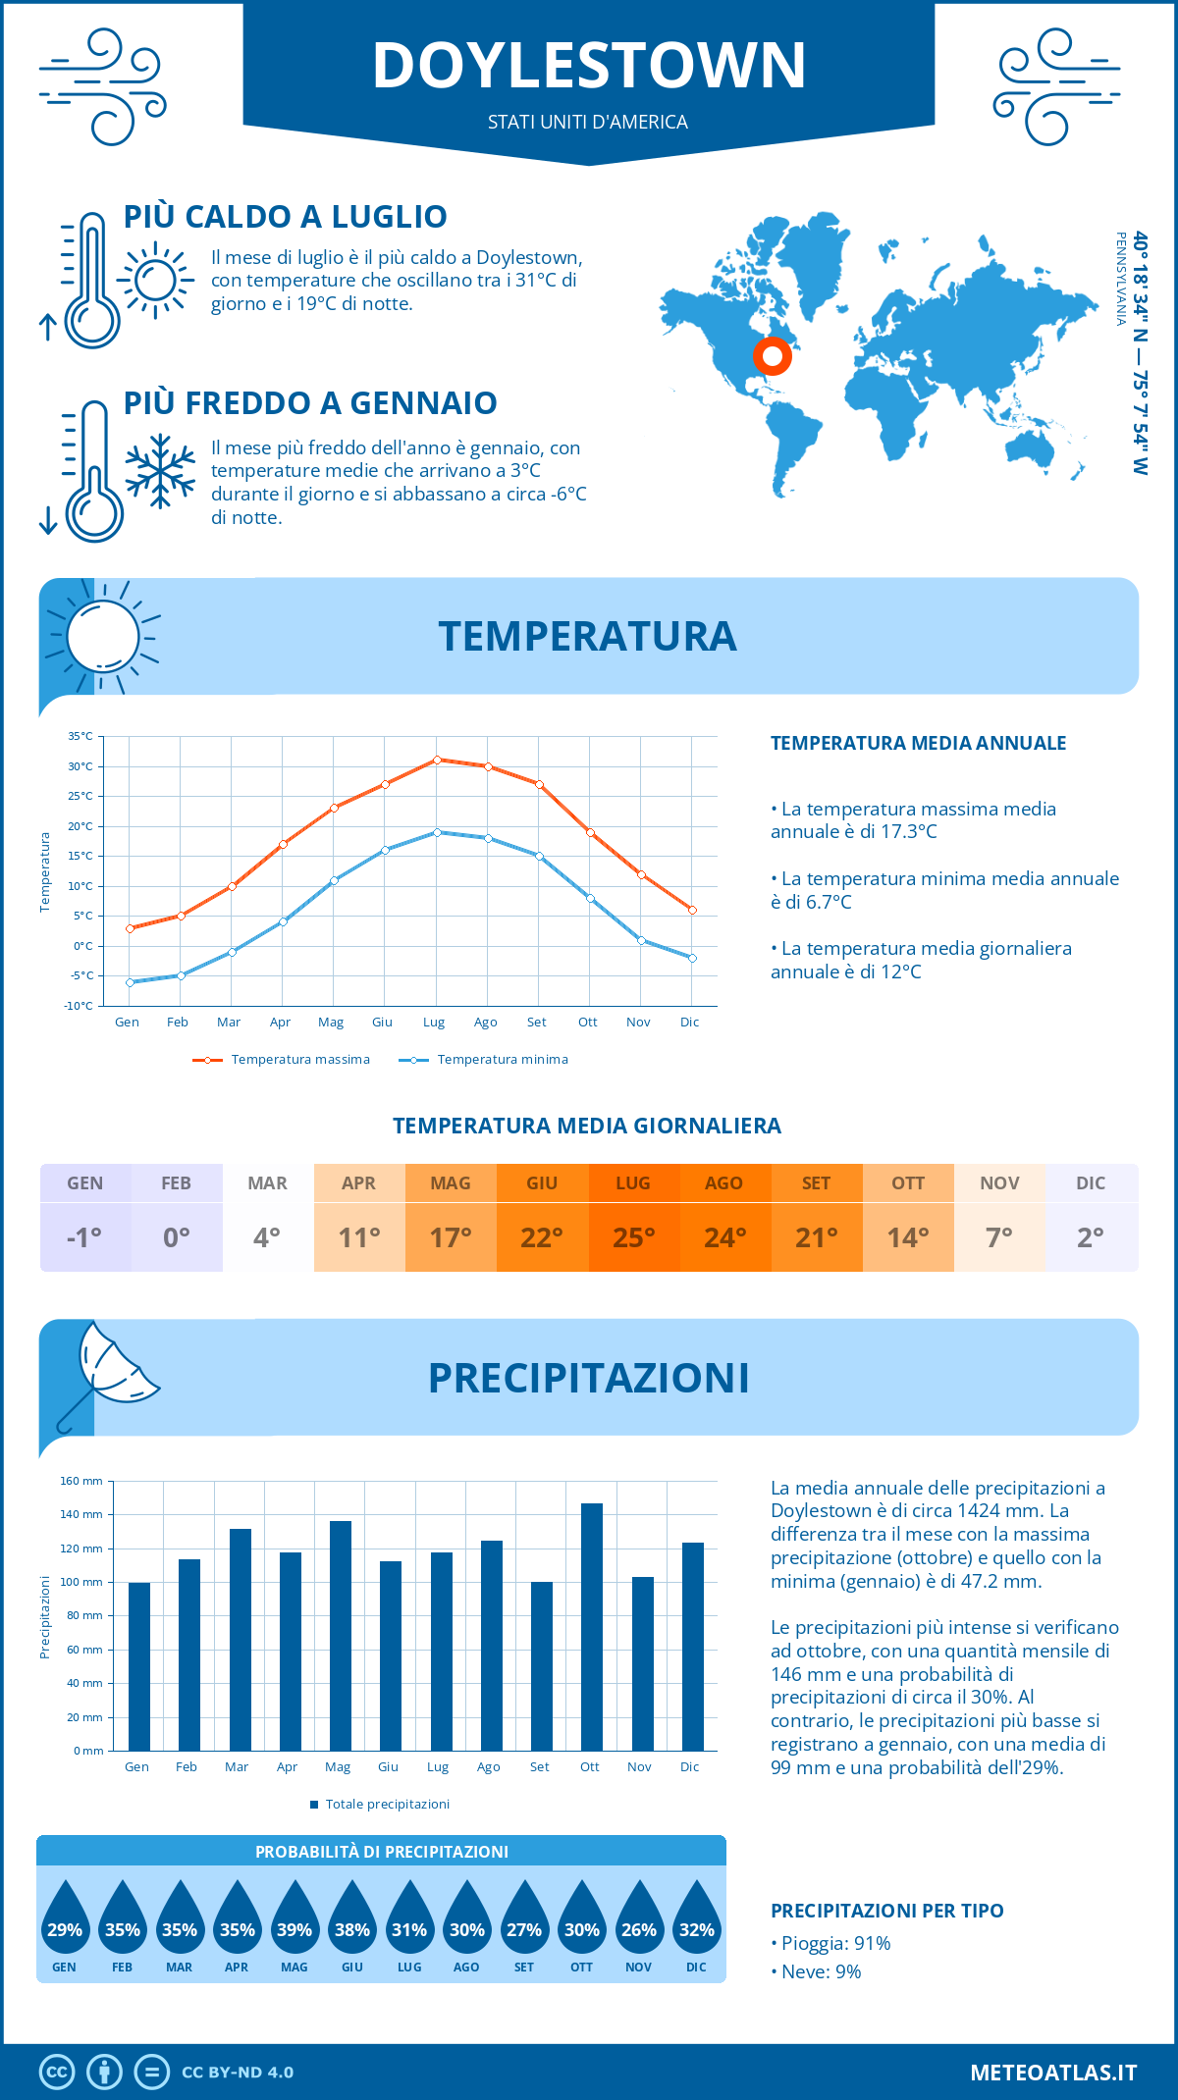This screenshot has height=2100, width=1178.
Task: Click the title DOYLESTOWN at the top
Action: (x=589, y=66)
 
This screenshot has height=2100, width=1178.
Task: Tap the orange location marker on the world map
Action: (x=773, y=356)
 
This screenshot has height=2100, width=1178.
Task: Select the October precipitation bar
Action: (x=592, y=1626)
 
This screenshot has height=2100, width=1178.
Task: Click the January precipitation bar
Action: (x=139, y=1665)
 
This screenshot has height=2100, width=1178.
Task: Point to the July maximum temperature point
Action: (x=437, y=760)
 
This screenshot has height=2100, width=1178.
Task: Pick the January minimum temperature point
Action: (x=130, y=982)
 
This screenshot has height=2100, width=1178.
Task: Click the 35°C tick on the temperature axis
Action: (x=80, y=736)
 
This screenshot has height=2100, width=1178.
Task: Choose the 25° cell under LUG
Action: (x=633, y=1237)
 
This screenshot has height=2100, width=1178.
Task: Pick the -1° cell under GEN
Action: (x=84, y=1237)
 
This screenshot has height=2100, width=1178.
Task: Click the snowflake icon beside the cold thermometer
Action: (x=160, y=471)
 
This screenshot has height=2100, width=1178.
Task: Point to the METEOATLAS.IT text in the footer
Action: (x=1053, y=2073)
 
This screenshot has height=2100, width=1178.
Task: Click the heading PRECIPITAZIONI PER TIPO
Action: (x=887, y=1911)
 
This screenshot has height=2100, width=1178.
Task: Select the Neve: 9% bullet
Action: (x=817, y=1971)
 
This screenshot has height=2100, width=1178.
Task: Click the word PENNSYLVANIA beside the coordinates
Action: (x=1120, y=279)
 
